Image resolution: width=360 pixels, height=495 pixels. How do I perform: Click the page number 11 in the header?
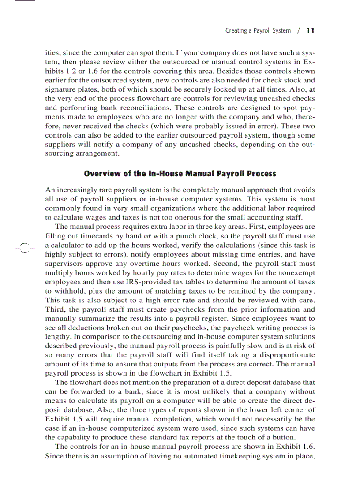(x=311, y=31)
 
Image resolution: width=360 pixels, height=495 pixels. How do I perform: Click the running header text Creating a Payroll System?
(x=258, y=31)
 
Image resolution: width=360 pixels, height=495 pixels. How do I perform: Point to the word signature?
(x=60, y=89)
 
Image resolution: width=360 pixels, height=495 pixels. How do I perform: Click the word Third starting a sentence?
(x=55, y=309)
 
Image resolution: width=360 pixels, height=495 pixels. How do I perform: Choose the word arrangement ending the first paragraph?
(x=97, y=154)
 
